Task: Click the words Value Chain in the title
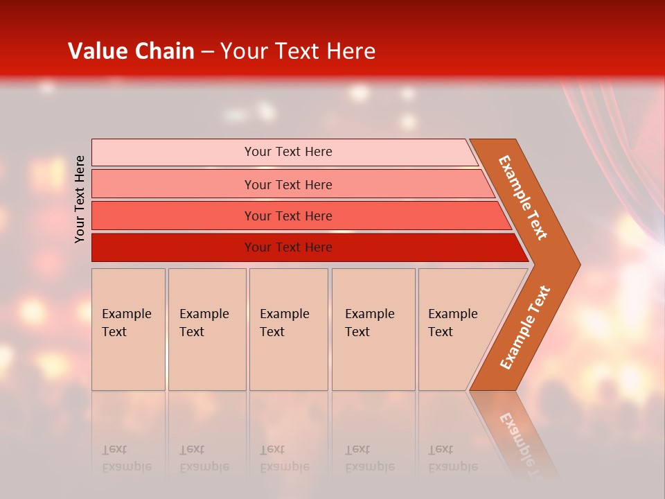click(131, 51)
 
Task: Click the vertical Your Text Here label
click(80, 199)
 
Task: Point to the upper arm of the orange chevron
click(524, 198)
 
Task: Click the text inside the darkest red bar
click(288, 247)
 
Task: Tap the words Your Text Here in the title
click(298, 51)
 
